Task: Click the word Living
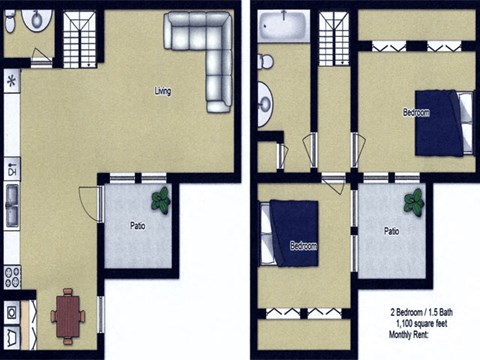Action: click(x=162, y=91)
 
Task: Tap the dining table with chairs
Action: click(x=68, y=316)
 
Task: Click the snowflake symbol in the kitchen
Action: click(x=12, y=80)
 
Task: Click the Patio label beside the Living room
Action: click(x=138, y=225)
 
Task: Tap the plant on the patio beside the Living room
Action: click(x=159, y=199)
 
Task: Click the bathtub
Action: click(x=285, y=26)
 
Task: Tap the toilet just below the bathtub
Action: click(x=265, y=62)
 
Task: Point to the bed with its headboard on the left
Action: click(x=290, y=232)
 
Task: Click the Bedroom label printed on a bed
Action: click(x=303, y=245)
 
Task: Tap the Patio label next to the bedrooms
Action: click(x=392, y=230)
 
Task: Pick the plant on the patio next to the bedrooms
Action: click(x=414, y=204)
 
